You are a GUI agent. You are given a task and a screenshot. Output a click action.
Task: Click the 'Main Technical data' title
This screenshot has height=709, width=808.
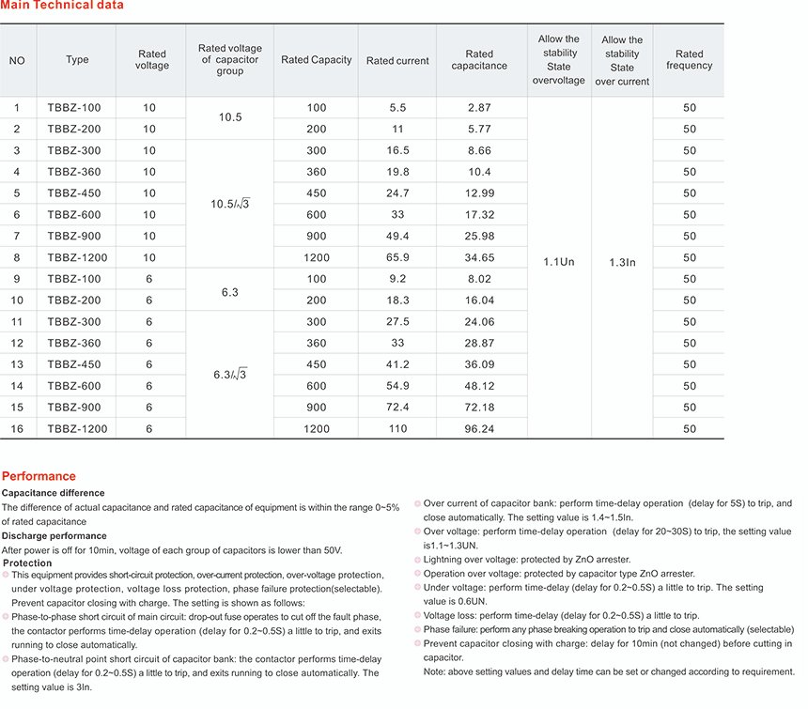tap(62, 6)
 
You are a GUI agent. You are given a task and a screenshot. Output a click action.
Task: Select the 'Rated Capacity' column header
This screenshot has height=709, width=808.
tap(316, 60)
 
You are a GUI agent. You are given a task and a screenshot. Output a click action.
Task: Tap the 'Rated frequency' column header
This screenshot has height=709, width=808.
tap(690, 60)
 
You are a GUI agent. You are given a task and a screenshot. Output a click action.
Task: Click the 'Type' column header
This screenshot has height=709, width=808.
tap(77, 60)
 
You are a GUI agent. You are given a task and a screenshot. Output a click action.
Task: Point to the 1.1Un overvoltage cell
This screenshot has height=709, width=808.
tap(560, 262)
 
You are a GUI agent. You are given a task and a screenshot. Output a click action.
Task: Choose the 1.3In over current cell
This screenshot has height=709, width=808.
tap(622, 262)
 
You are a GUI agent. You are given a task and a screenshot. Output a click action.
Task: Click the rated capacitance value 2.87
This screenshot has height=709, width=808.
tap(479, 108)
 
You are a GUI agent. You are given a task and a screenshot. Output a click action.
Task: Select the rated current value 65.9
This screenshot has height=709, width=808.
tap(397, 257)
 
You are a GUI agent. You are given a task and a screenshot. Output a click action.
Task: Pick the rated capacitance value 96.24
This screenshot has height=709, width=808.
tap(479, 428)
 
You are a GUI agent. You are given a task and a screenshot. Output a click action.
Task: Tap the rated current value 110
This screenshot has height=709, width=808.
tap(397, 428)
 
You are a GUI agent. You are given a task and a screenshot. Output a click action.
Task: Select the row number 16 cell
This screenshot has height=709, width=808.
tap(17, 428)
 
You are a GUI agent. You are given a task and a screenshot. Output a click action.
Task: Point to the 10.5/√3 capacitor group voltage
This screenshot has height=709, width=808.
tap(230, 204)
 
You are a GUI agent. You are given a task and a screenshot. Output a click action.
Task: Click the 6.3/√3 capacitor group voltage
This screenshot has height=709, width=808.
tap(230, 375)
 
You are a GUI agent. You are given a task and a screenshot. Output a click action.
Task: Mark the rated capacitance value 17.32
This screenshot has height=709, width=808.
tap(479, 214)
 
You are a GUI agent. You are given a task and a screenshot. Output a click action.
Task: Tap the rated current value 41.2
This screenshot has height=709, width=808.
tap(397, 364)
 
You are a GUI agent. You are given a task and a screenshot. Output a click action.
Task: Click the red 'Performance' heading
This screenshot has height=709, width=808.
tap(39, 476)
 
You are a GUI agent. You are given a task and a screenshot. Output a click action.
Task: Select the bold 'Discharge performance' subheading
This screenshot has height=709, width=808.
tap(54, 536)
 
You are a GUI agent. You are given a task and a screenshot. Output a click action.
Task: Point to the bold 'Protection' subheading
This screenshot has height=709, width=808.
tap(28, 563)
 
